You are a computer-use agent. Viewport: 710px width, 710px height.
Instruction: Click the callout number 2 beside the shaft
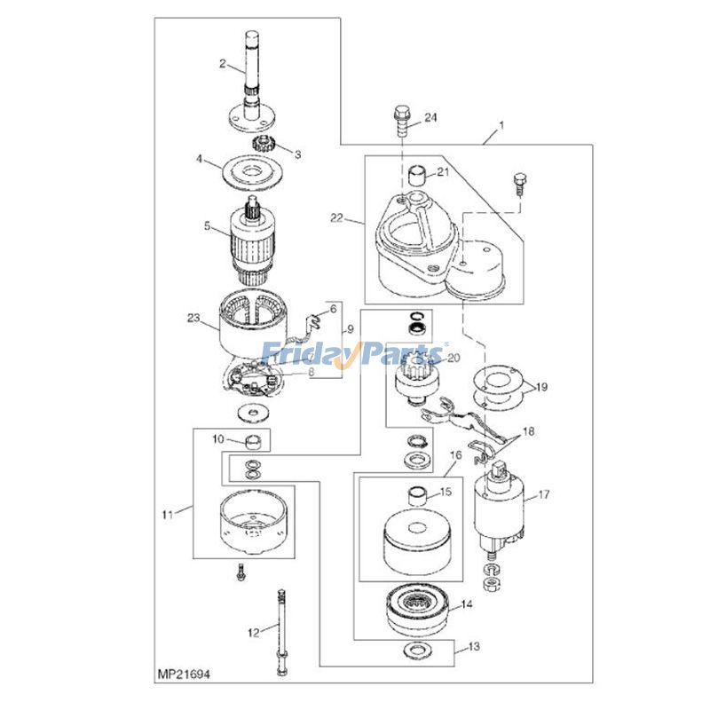pos(224,63)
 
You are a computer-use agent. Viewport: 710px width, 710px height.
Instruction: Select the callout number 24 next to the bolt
pos(430,117)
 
